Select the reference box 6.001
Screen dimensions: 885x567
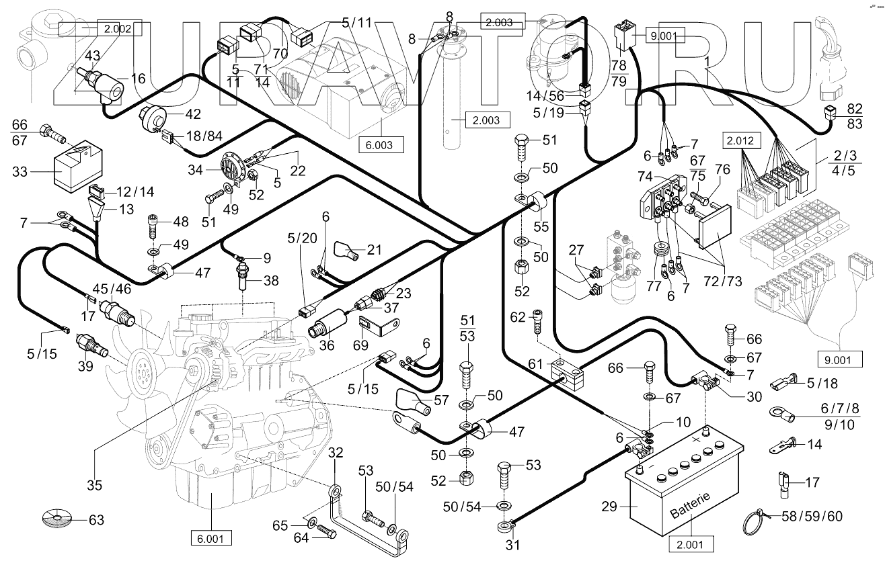[211, 538]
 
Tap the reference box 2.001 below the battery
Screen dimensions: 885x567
[691, 544]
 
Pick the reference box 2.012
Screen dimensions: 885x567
[742, 140]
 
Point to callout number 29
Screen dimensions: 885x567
[609, 507]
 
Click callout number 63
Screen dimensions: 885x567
[96, 520]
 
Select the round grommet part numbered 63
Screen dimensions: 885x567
[57, 518]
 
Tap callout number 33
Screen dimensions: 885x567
[20, 171]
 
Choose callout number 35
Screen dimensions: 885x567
[94, 485]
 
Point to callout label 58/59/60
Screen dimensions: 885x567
[812, 516]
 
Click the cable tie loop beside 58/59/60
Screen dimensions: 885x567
[757, 521]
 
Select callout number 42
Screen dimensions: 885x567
[193, 114]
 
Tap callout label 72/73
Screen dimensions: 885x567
[723, 281]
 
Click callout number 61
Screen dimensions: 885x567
[535, 363]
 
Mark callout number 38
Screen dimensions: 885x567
[271, 281]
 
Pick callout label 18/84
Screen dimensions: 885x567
[204, 136]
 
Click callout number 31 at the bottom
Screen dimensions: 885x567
[513, 545]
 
